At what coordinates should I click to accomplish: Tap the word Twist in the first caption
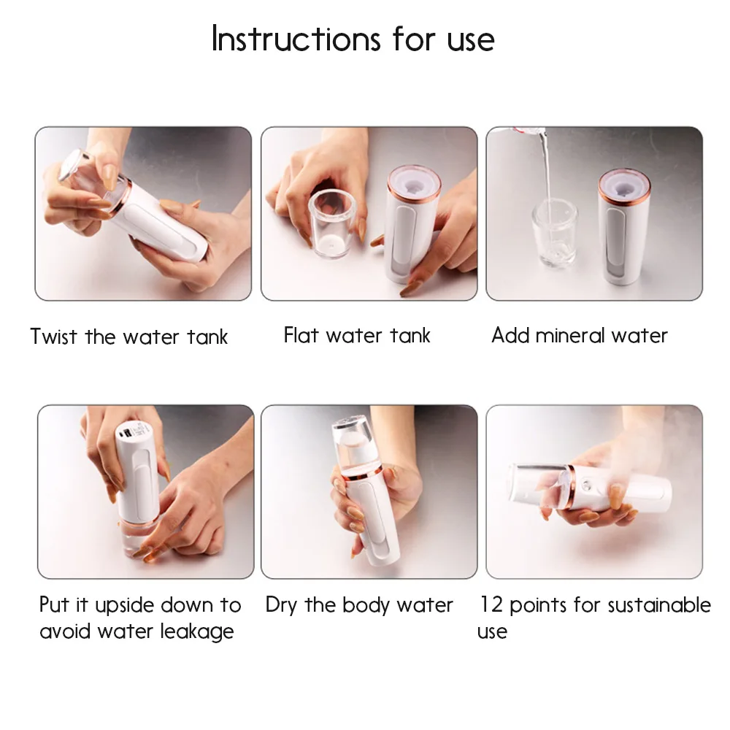[53, 336]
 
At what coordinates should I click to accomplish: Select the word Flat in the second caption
[300, 335]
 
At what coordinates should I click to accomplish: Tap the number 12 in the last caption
[491, 604]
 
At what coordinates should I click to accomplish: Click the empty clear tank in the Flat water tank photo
[331, 225]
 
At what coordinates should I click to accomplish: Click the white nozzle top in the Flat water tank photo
[413, 183]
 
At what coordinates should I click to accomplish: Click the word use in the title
[470, 41]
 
